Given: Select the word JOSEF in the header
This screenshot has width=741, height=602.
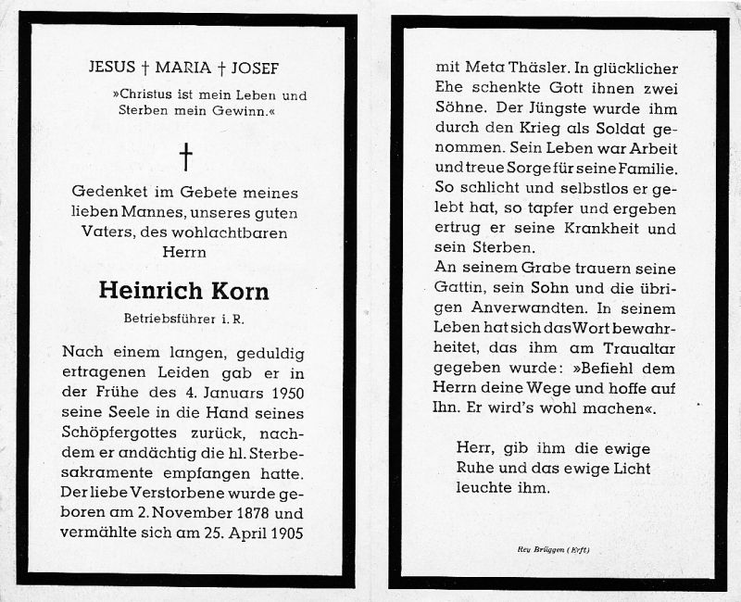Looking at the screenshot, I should coord(254,67).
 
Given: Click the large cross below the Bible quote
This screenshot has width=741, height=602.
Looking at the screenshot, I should coord(185,156).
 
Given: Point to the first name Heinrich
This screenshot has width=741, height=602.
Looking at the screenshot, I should coord(151,290).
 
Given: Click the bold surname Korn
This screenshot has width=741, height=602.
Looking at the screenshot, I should coord(238,290).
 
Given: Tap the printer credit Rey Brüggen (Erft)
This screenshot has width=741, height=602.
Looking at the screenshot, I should coord(553,550).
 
